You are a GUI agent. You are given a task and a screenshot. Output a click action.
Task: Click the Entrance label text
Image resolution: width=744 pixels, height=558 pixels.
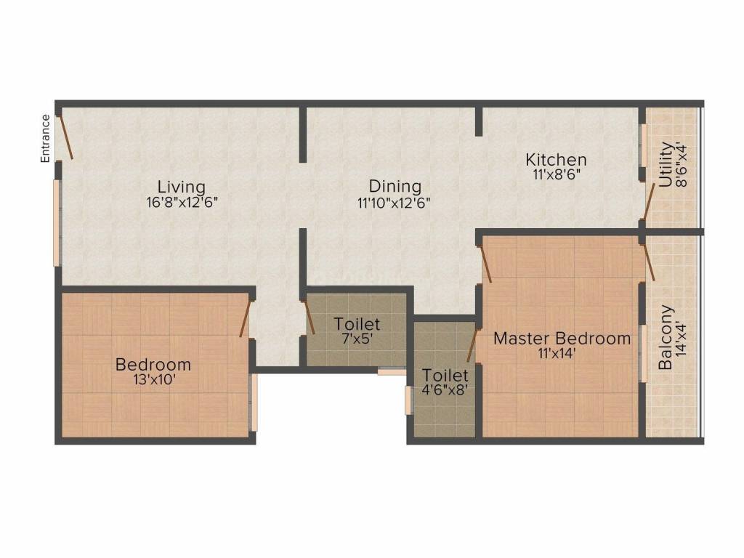[x=45, y=137]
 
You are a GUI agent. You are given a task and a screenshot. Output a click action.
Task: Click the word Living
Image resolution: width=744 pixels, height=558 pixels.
[x=182, y=187]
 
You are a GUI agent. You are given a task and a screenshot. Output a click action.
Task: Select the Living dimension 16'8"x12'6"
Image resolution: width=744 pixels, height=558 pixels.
[x=182, y=203]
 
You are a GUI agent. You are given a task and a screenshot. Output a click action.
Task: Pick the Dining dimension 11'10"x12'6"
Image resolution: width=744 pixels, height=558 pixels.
[x=395, y=203]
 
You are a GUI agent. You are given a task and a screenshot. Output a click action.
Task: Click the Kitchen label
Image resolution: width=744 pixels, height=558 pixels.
[x=556, y=159]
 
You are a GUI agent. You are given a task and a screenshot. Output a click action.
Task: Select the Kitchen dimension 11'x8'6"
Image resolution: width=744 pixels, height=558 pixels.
[x=556, y=175]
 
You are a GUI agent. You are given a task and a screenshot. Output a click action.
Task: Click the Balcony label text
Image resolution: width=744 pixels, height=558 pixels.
[x=665, y=337]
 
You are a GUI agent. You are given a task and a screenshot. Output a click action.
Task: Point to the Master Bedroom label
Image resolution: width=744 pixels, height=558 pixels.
[x=562, y=338]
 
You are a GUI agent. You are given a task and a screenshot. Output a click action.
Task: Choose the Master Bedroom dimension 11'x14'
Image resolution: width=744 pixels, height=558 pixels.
[x=562, y=355]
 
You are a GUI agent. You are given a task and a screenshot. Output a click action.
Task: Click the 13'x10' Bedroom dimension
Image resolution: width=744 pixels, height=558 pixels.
[x=153, y=380]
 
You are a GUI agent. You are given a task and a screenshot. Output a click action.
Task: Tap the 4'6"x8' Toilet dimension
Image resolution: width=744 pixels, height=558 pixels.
[x=445, y=391]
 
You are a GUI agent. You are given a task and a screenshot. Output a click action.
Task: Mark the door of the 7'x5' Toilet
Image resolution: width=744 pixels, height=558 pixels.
[x=309, y=317]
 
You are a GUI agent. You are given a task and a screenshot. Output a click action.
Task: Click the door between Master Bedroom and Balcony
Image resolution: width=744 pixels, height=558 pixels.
[x=648, y=262]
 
